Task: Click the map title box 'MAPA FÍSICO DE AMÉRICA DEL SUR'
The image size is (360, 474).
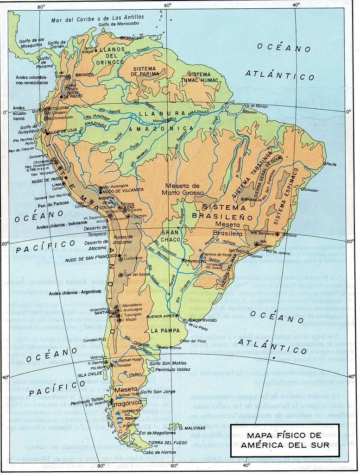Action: coord(284,440)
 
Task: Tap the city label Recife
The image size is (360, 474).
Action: coord(331,164)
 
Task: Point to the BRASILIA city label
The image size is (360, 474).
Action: coord(253,200)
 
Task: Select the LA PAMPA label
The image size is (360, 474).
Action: coord(163,331)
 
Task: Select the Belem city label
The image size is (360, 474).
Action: coord(252,112)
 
